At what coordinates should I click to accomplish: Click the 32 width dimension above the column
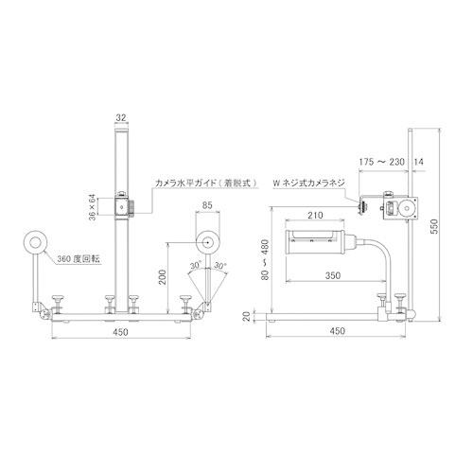pyautogui.click(x=120, y=118)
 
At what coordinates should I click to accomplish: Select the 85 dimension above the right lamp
pyautogui.click(x=207, y=214)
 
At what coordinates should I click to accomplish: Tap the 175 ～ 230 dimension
pyautogui.click(x=383, y=162)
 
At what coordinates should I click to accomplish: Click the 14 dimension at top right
pyautogui.click(x=419, y=162)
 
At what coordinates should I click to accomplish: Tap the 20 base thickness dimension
pyautogui.click(x=247, y=317)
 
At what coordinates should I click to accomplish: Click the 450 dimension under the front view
pyautogui.click(x=119, y=332)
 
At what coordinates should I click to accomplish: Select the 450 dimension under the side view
pyautogui.click(x=339, y=332)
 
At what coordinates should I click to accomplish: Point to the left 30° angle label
pyautogui.click(x=194, y=267)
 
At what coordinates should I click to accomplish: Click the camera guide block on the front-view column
pyautogui.click(x=121, y=202)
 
